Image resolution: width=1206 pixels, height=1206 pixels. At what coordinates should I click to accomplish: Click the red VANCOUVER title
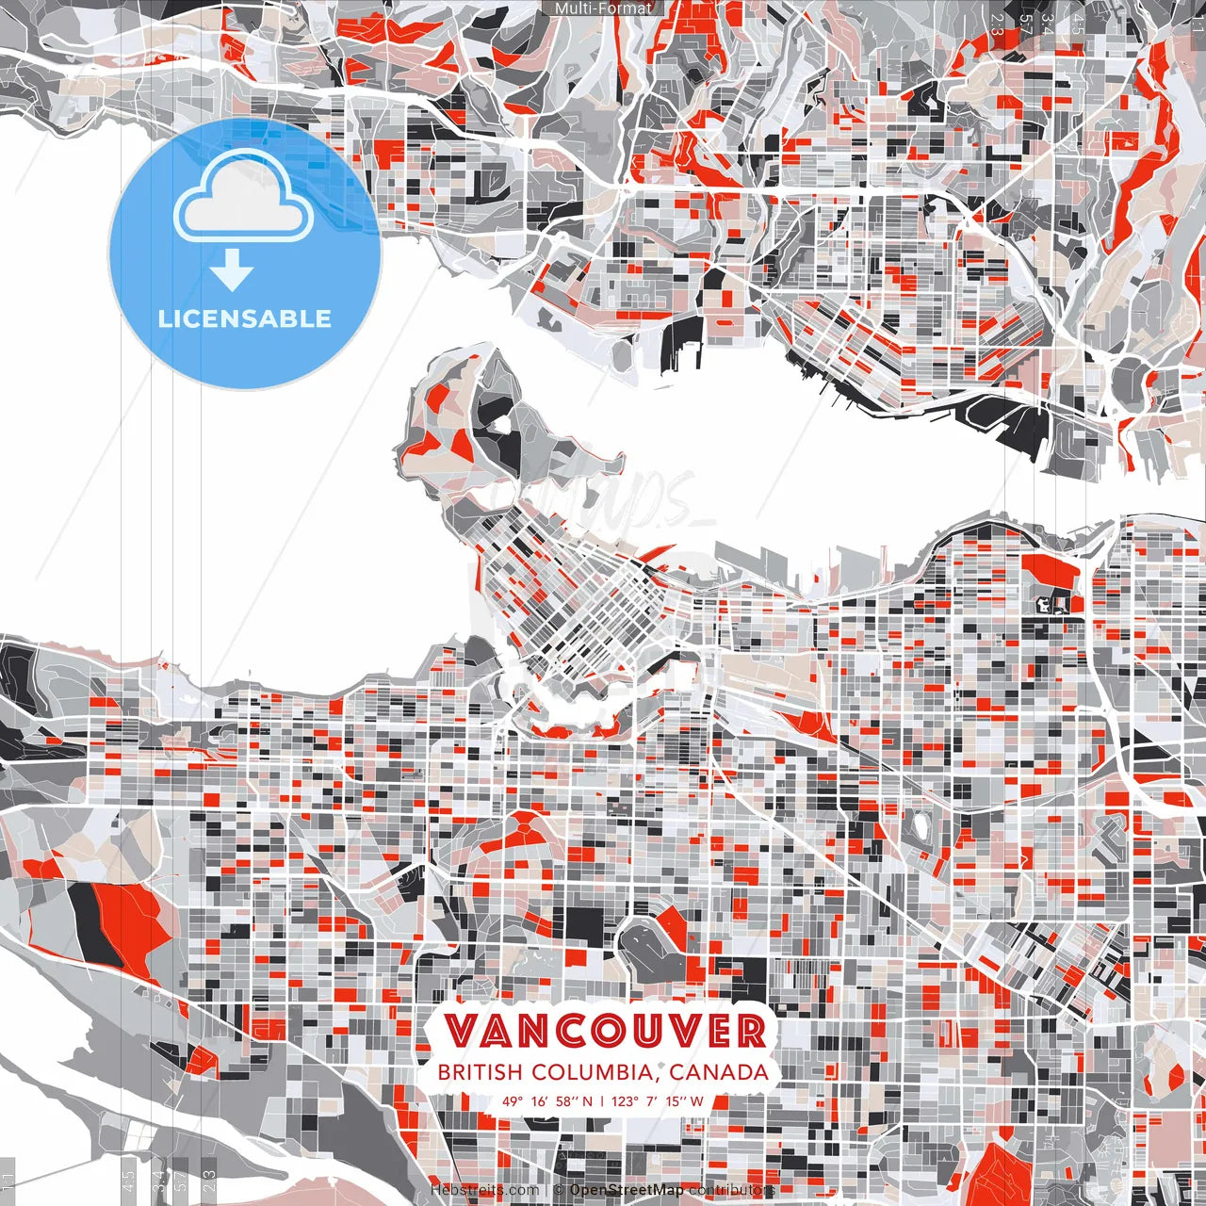(605, 1031)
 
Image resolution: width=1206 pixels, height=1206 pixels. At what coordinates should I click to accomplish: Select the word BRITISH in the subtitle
(480, 1072)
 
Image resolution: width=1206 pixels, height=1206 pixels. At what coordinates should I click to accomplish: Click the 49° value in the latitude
(513, 1100)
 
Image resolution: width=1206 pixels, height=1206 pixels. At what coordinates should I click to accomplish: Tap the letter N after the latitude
(588, 1100)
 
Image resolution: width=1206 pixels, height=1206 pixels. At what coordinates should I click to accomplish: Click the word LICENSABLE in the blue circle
(245, 318)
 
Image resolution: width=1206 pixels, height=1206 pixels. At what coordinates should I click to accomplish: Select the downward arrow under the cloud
(232, 272)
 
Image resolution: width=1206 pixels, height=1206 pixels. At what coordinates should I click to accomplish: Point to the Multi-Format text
(603, 8)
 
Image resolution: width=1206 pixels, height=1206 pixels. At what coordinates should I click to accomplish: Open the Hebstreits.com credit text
(485, 1190)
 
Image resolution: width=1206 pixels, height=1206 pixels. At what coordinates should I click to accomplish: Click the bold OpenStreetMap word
(627, 1190)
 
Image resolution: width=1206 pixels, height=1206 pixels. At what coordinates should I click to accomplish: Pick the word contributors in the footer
(732, 1190)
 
